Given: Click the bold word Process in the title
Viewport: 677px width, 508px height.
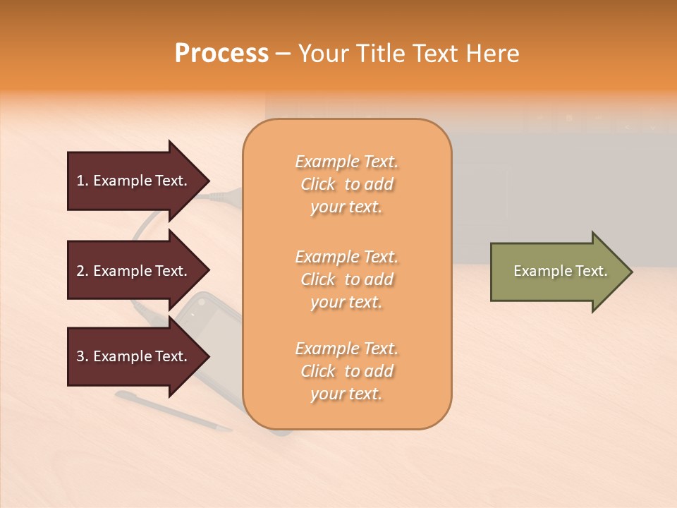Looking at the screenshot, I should click(x=221, y=54).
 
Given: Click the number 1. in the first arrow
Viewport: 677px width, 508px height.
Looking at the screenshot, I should click(x=83, y=181).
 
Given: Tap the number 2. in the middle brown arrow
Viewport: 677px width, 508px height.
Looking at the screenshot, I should click(x=83, y=271).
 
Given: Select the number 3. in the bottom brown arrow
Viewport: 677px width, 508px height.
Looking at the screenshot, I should click(x=83, y=356).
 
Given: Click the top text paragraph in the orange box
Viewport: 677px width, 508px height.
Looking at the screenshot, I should click(x=346, y=184).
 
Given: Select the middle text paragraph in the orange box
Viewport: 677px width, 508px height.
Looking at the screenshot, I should click(x=346, y=279).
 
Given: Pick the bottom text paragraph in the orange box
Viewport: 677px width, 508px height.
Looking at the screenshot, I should click(x=346, y=371).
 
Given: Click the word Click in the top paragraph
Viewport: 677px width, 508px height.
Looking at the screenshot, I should click(x=318, y=184).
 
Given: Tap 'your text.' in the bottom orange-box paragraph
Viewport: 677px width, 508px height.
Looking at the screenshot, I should click(x=346, y=394).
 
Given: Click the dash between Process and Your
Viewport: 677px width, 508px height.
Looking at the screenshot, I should click(x=283, y=54).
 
